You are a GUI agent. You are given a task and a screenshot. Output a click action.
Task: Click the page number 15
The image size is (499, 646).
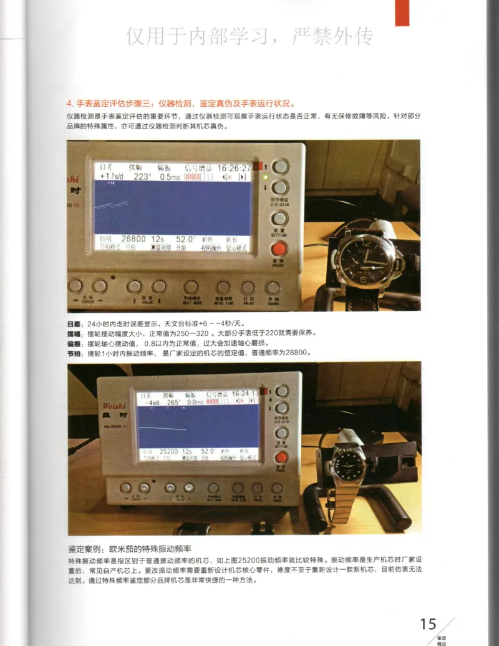point(428,624)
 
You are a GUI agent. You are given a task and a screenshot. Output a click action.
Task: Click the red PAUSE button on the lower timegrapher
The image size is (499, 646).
point(281,457)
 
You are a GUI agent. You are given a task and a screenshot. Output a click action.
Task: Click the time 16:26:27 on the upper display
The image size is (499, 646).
point(234,168)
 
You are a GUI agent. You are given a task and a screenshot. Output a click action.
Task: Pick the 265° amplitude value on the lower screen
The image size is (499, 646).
point(172,403)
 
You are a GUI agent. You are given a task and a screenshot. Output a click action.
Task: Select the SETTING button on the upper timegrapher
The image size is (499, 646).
point(279,218)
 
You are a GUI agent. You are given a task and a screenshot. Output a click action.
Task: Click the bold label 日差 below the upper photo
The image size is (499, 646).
point(74,325)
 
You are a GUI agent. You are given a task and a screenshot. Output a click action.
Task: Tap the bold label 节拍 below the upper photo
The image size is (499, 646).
point(74,353)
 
